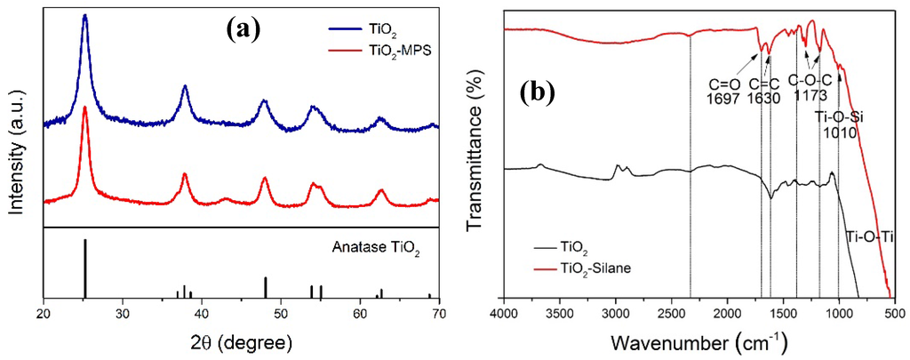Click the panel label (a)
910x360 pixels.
pos(242,29)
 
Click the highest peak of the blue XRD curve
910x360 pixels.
pos(84,16)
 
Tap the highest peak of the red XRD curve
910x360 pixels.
pos(84,108)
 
